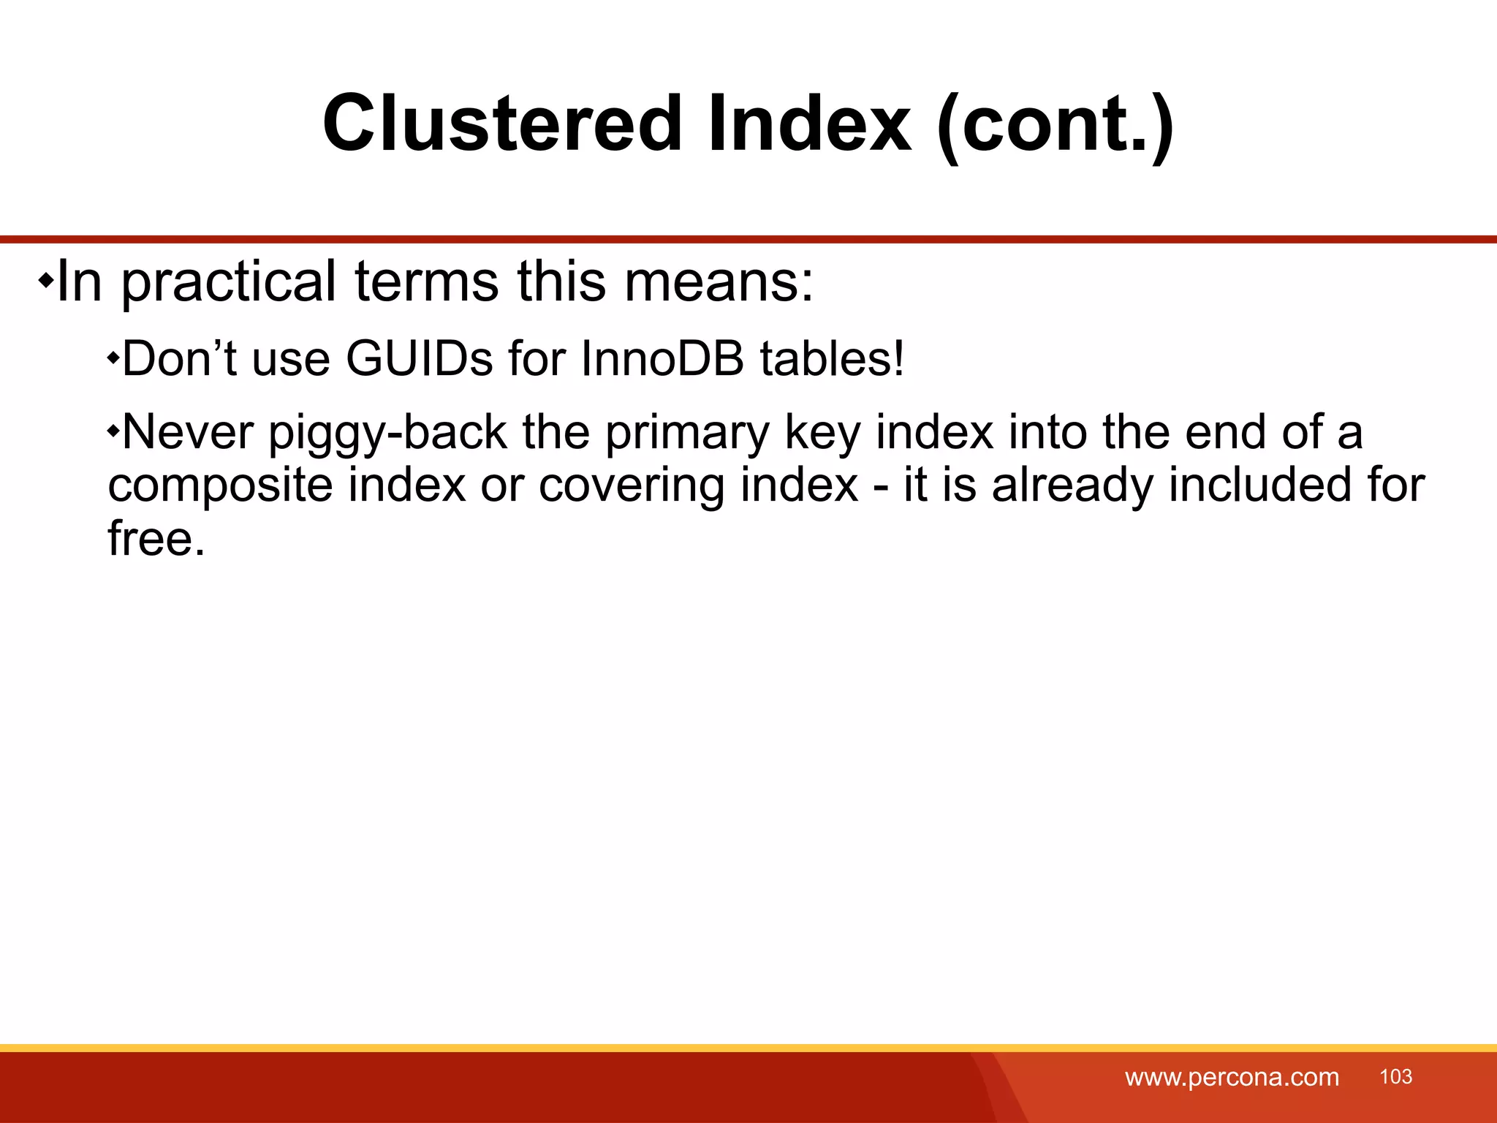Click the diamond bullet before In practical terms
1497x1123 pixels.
[x=45, y=281]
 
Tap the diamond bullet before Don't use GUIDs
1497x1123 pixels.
[x=113, y=358]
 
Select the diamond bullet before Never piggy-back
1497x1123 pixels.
[x=113, y=431]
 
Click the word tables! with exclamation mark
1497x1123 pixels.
[x=832, y=359]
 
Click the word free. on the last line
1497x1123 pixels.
[x=156, y=539]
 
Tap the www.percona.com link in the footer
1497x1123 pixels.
[x=1232, y=1078]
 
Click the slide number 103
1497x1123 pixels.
[x=1395, y=1077]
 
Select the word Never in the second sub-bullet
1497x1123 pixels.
[x=188, y=433]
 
